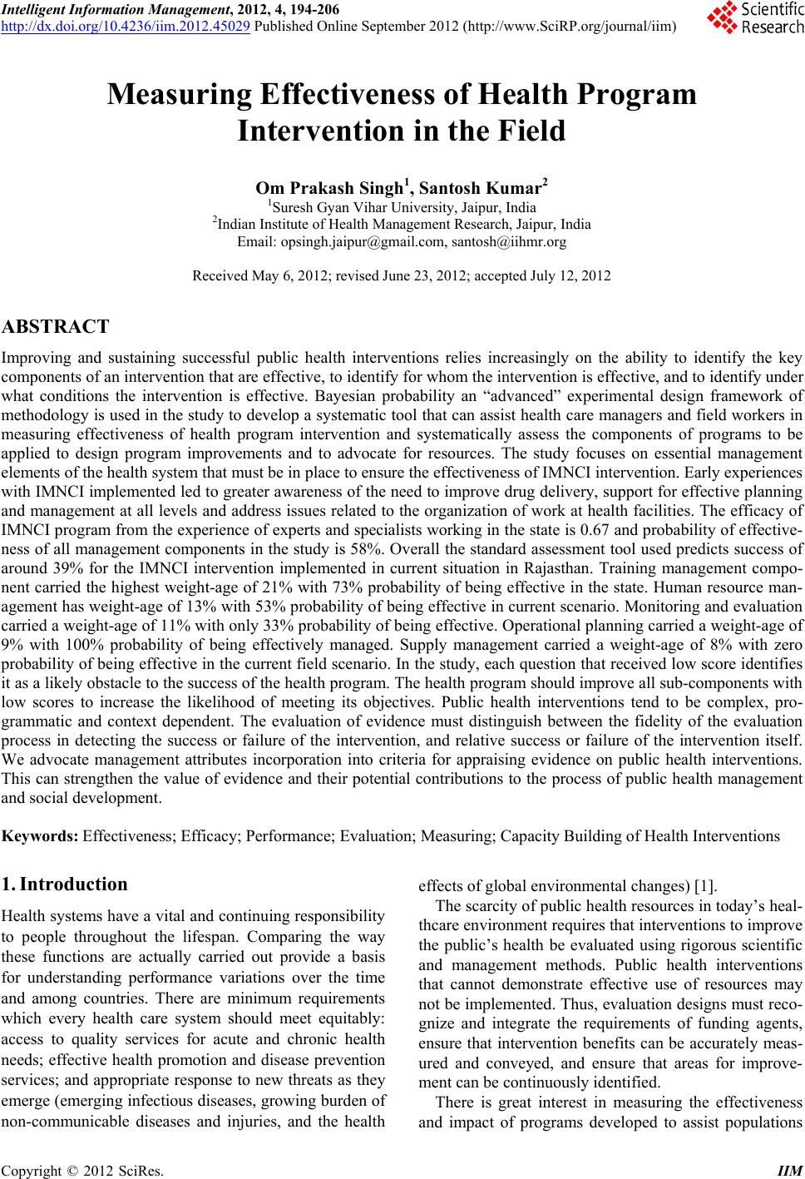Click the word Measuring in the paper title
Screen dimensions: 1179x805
(x=176, y=95)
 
